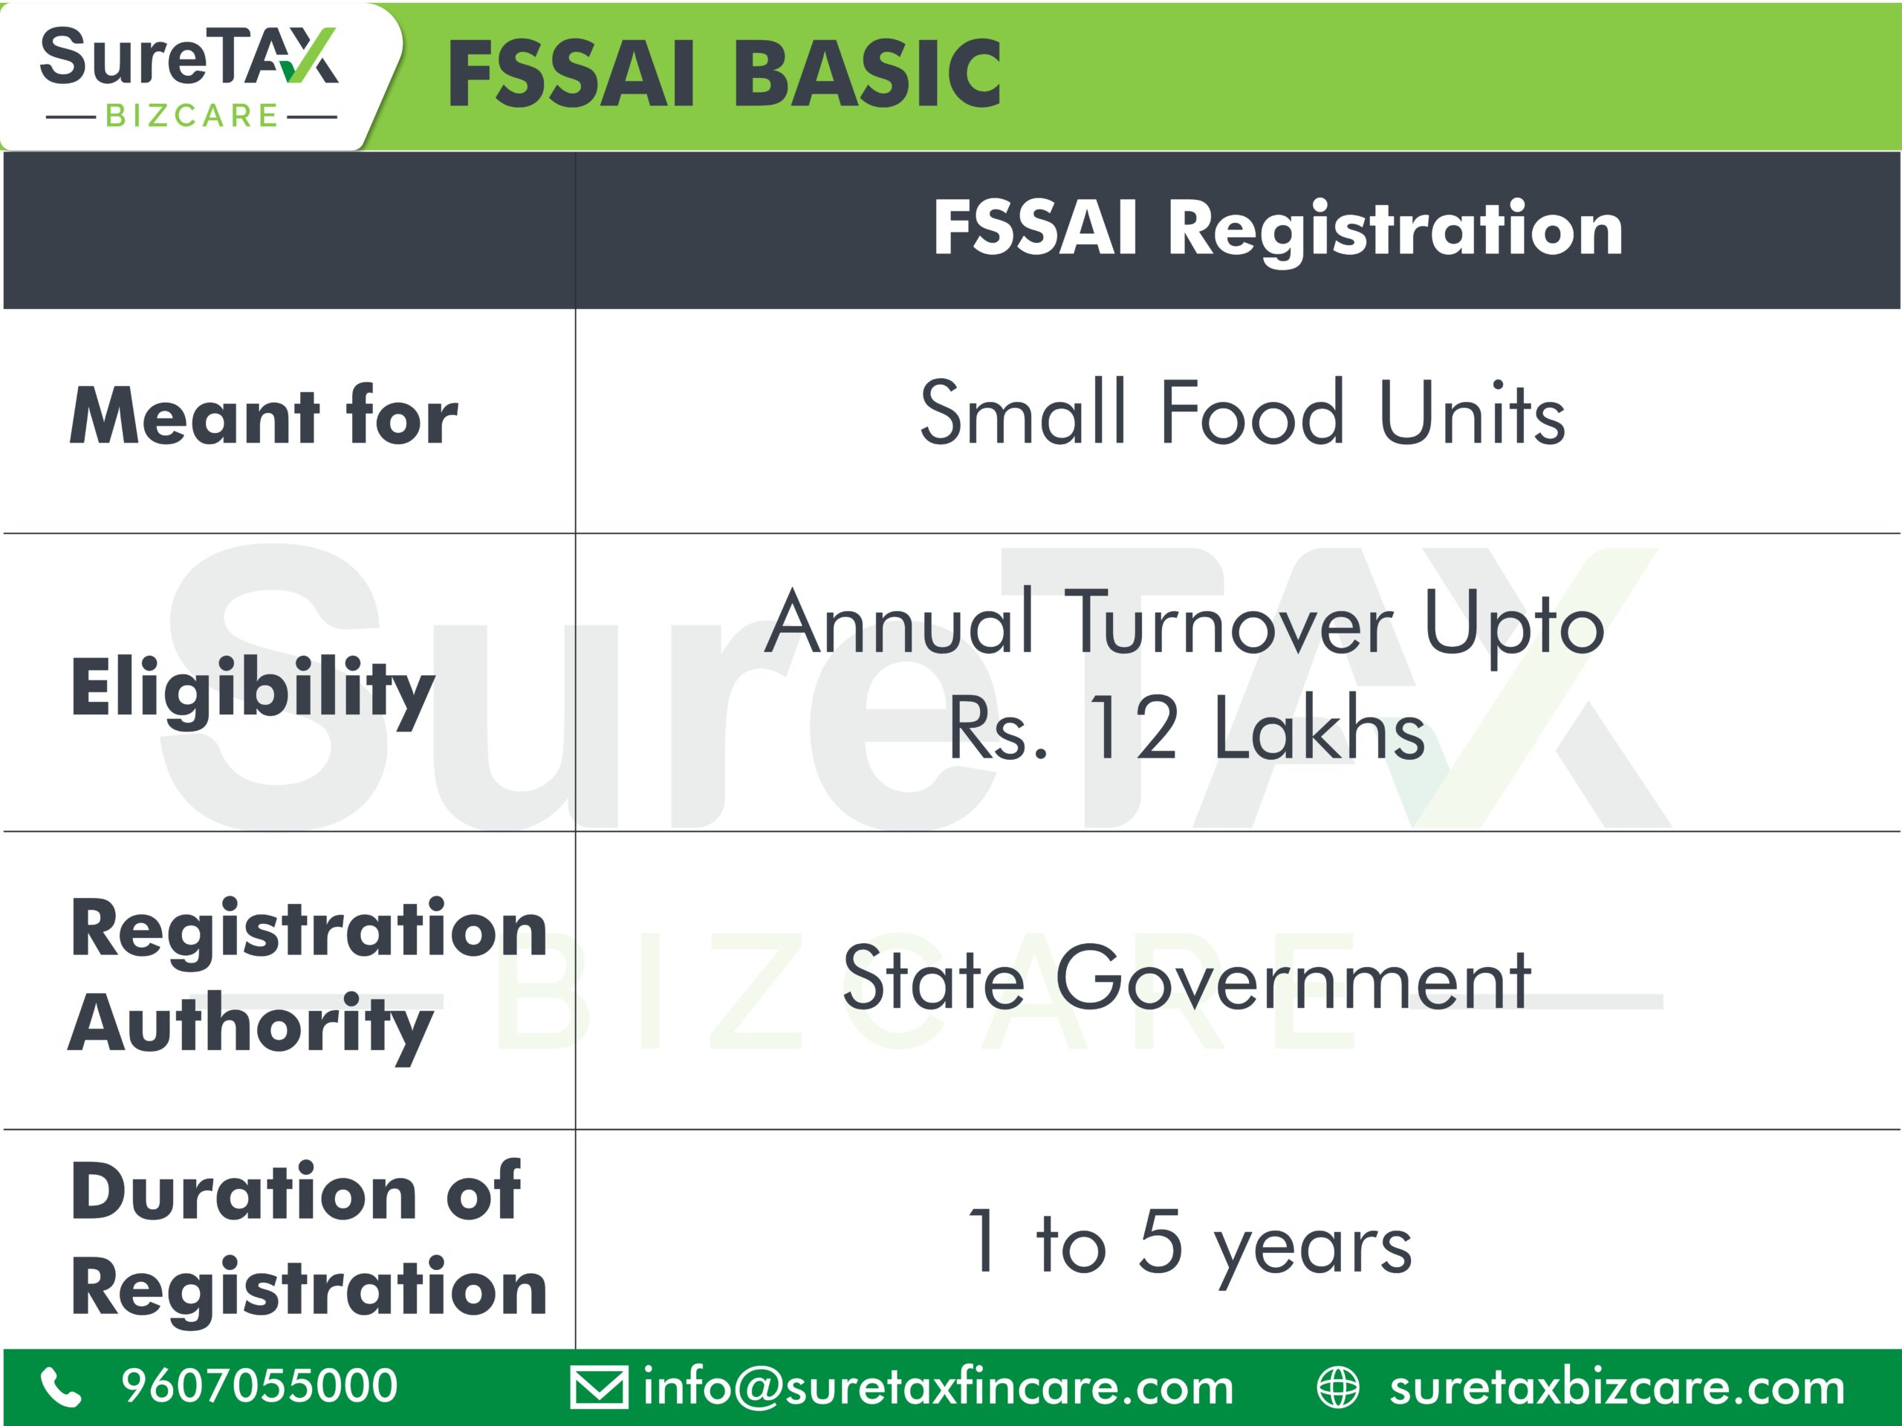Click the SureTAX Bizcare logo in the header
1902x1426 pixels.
coord(189,77)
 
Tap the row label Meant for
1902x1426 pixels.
coord(263,417)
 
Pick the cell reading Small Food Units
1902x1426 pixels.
coord(1242,413)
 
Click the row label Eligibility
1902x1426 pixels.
coord(253,690)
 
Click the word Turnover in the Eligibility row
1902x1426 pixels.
coord(1229,622)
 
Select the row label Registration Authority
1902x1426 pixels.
coord(308,978)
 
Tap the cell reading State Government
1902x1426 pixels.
coord(1187,978)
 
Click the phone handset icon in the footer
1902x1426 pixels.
coord(61,1387)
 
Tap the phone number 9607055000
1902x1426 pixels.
coord(260,1386)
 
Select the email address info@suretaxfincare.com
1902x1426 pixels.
coord(938,1387)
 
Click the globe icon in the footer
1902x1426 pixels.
coord(1338,1388)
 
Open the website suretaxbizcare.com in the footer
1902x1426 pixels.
coord(1617,1387)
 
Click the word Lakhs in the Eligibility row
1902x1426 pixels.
coord(1320,727)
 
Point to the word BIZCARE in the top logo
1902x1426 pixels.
coord(191,115)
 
